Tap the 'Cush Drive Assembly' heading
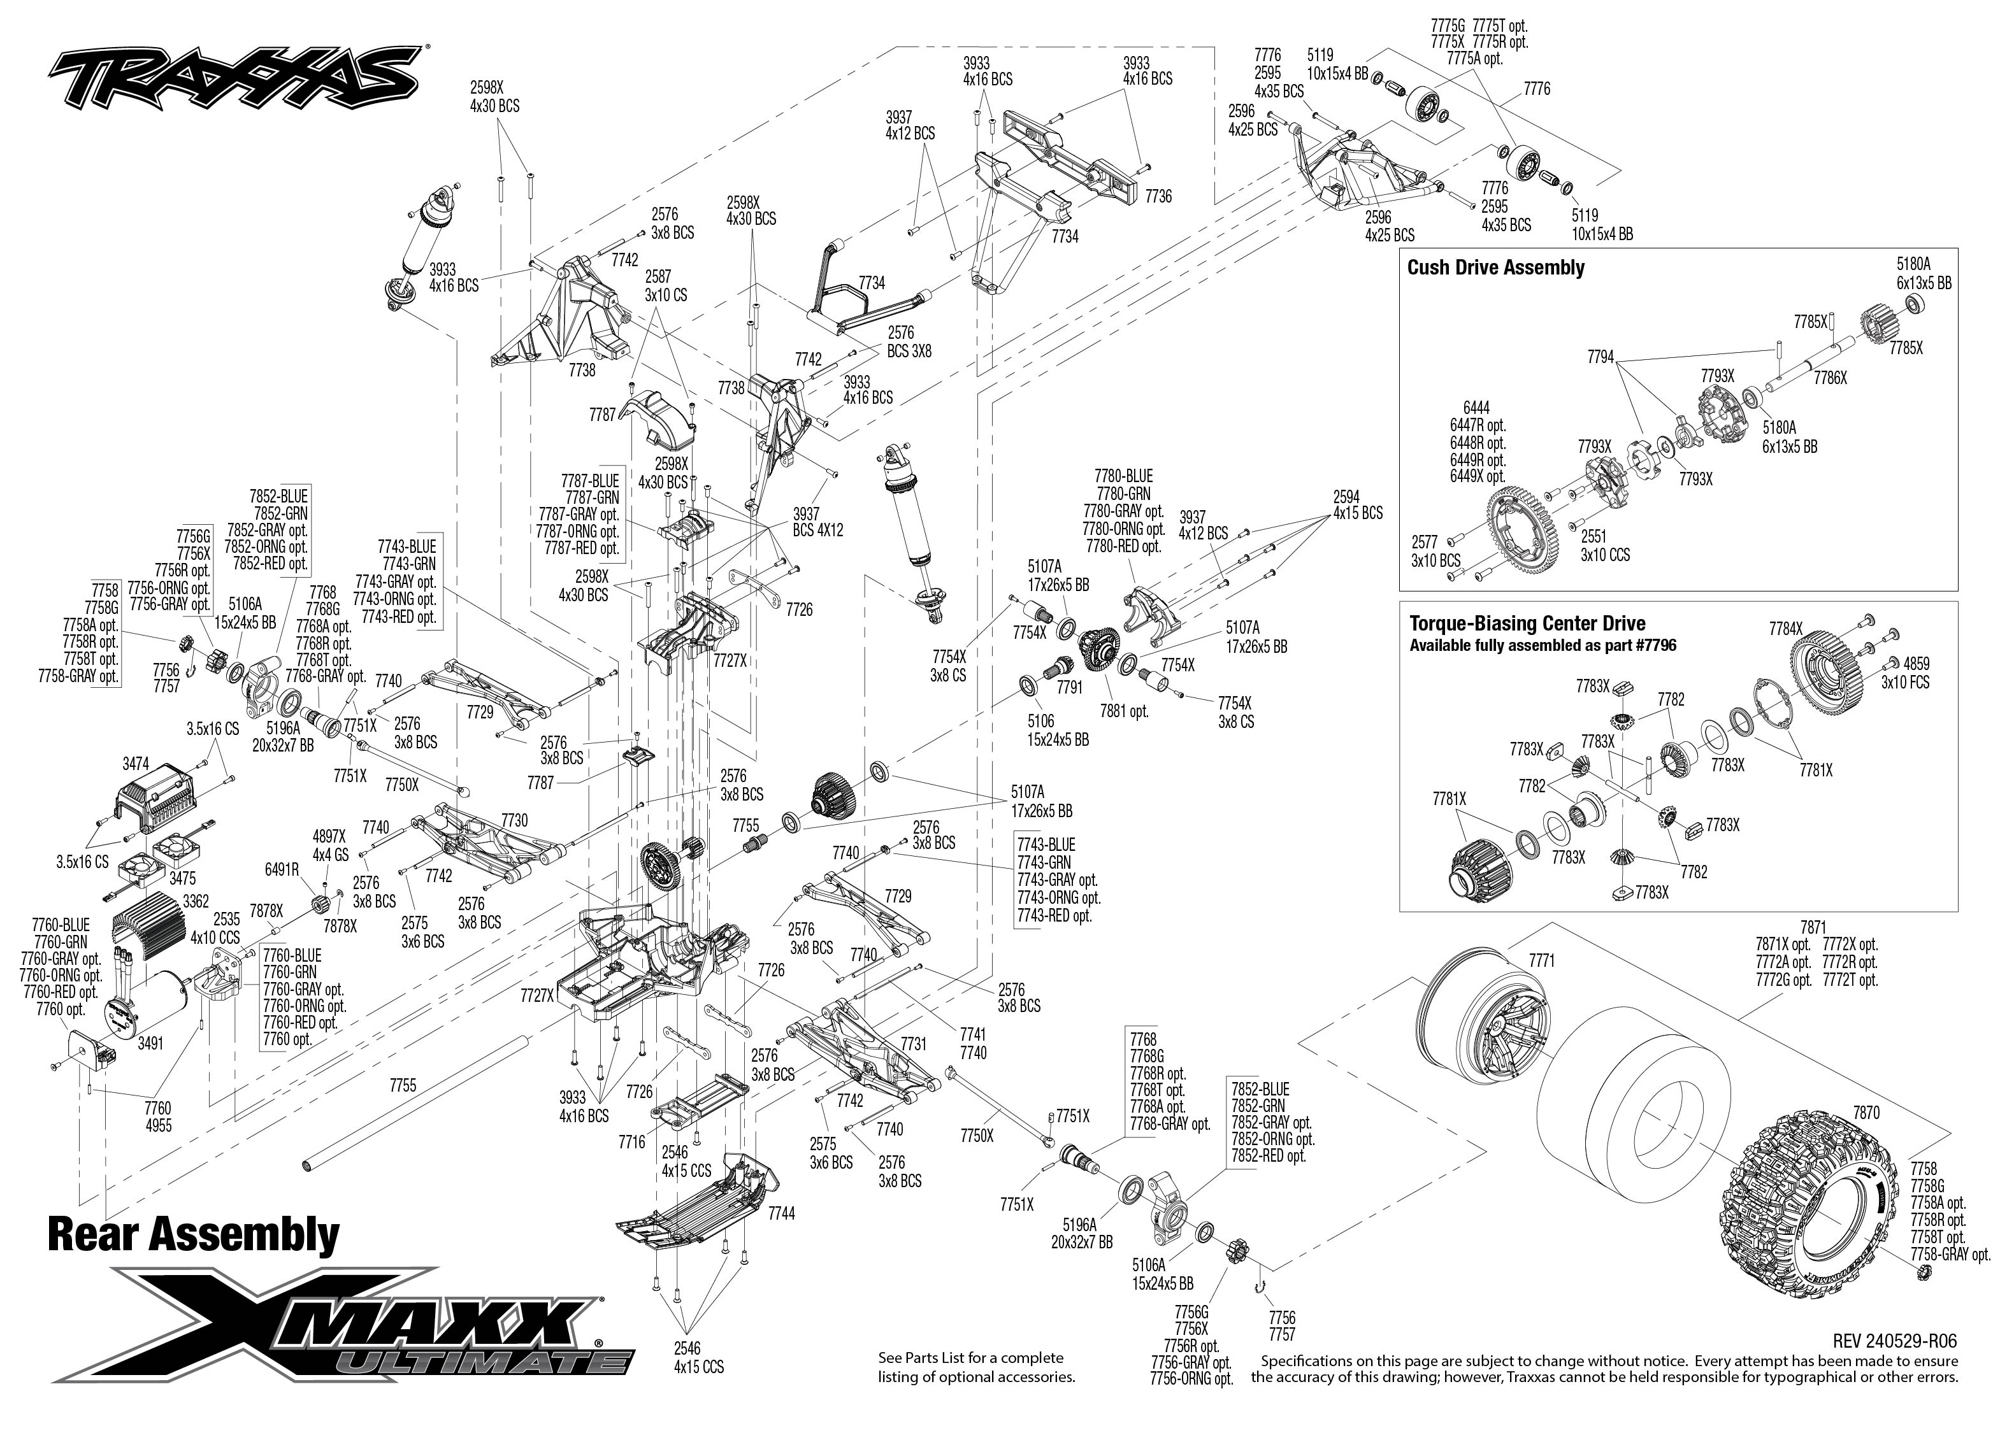pos(1495,268)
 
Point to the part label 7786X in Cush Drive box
pos(1830,378)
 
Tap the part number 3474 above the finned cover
pos(135,762)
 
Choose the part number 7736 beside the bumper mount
pos(1158,196)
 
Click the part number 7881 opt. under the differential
pos(1123,711)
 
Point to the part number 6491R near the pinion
pos(282,869)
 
